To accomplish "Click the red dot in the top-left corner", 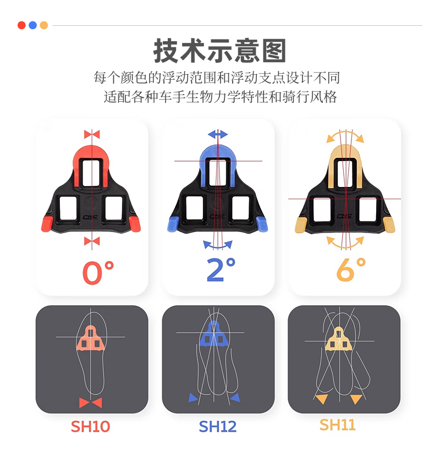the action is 21,25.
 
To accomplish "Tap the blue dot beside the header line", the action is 32,25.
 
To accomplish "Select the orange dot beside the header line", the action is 44,25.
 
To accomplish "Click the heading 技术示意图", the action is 220,51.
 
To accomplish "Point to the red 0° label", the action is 98,272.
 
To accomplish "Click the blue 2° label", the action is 221,270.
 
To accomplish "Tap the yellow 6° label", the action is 351,270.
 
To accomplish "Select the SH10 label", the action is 90,427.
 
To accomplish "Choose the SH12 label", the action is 218,427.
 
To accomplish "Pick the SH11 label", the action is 338,425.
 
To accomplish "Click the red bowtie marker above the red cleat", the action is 92,134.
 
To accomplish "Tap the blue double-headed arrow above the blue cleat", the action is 218,134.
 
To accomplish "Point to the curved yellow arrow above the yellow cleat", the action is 345,133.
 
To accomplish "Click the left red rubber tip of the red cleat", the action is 47,224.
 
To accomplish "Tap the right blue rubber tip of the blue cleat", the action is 262,224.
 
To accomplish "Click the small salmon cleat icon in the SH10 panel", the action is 90,338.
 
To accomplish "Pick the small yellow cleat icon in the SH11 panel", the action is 339,339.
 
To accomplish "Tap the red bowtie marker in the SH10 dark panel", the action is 90,403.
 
